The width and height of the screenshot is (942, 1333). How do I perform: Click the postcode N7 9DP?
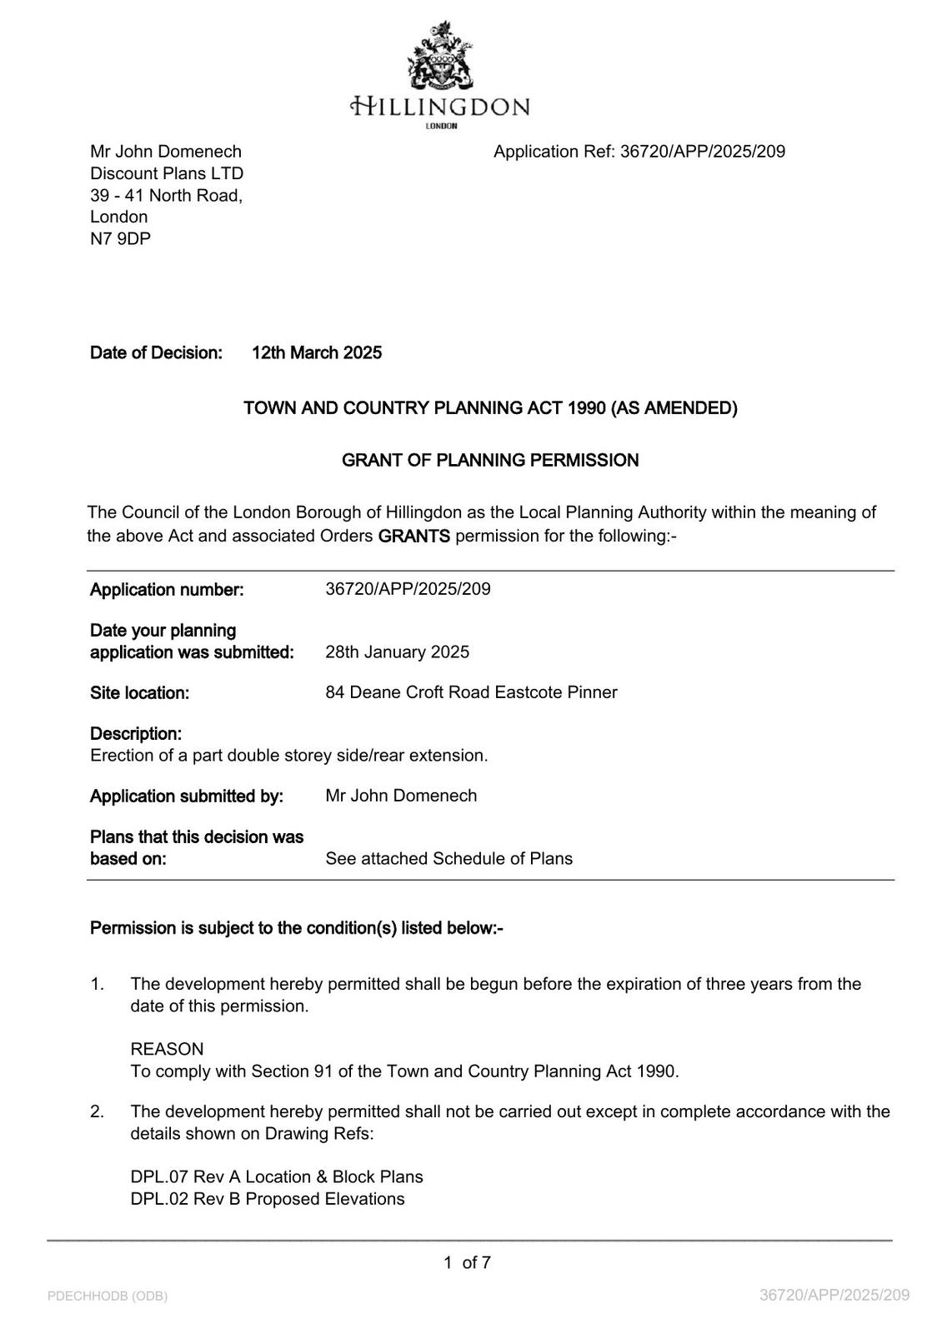point(120,239)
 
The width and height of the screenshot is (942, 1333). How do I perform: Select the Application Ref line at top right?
point(639,152)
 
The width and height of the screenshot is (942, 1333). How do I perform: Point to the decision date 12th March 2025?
point(317,353)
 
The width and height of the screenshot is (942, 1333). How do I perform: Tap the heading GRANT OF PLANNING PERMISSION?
point(490,461)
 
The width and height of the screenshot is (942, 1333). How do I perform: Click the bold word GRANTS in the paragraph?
point(413,536)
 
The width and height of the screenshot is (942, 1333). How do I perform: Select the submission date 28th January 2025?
point(397,652)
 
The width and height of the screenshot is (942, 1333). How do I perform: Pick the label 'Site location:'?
point(139,693)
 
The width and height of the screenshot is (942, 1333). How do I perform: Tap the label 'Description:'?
point(136,734)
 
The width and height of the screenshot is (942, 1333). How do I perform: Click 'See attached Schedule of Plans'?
point(448,859)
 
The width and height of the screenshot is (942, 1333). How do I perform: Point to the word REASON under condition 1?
point(167,1049)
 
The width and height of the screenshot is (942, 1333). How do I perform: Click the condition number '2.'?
point(98,1111)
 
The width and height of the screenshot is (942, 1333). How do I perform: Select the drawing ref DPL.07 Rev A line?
point(277,1177)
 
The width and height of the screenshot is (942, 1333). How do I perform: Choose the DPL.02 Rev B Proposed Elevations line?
point(268,1199)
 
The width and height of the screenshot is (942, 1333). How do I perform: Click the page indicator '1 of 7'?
point(467,1263)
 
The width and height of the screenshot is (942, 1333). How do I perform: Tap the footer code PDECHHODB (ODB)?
point(108,1296)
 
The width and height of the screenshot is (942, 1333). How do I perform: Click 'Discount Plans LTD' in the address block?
point(167,173)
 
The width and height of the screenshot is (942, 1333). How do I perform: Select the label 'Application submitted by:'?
point(187,796)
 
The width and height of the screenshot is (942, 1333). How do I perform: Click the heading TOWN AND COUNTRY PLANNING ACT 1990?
point(490,408)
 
